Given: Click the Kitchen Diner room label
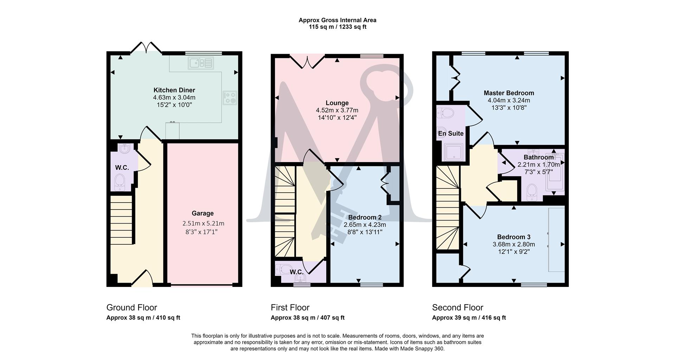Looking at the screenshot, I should coord(174,90).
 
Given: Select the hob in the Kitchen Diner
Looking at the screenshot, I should coord(230,97).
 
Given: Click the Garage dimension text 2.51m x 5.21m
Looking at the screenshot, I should coord(203,223).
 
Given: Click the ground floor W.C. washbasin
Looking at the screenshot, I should coord(124,149).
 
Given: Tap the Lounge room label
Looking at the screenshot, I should coord(337,103).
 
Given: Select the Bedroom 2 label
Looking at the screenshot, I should coord(365,217).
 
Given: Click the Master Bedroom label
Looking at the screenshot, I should coord(508,93).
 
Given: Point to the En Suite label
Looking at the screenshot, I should coord(450,134).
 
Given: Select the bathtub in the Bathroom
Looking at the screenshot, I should coord(554,172).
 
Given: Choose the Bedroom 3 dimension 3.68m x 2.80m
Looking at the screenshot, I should coord(514,244).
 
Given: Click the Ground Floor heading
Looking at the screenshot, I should coord(131,308).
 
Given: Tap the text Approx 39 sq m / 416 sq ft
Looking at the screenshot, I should coord(469,318).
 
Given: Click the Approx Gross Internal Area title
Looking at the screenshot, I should coord(337,20).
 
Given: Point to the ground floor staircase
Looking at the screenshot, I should coord(122,220).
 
